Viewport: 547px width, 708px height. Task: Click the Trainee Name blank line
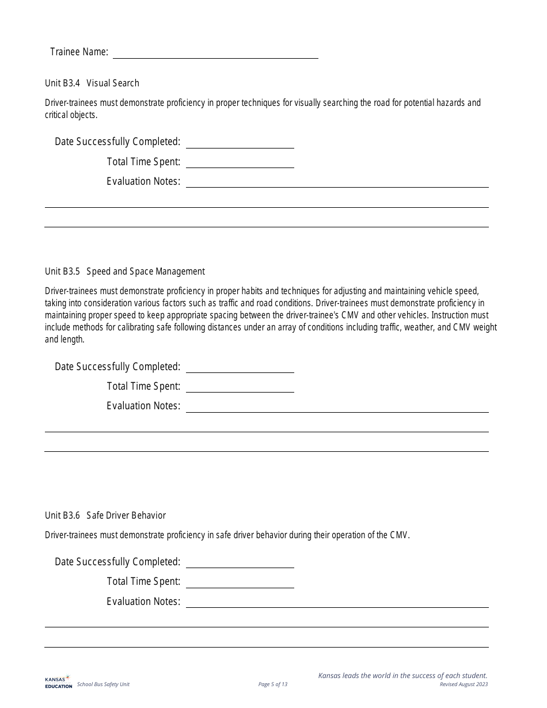[x=215, y=53]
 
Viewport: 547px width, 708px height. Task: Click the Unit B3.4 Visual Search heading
[x=92, y=83]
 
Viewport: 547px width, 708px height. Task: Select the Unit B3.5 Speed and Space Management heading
[x=125, y=271]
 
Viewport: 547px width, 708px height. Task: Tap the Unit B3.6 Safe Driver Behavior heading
[x=105, y=515]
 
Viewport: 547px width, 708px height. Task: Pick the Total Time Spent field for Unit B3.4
[x=240, y=162]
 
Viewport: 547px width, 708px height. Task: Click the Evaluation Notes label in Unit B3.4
[x=143, y=181]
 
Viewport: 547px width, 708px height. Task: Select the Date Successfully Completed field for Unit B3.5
[x=240, y=367]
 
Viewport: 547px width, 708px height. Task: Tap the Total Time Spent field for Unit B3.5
[x=240, y=387]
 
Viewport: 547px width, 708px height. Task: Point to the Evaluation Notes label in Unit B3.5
[x=143, y=406]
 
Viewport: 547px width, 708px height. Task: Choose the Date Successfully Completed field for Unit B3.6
[x=240, y=562]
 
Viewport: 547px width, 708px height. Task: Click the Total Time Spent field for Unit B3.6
[x=240, y=582]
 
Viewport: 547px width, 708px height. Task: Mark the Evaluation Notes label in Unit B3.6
[x=143, y=602]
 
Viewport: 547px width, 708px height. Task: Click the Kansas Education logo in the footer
[x=58, y=682]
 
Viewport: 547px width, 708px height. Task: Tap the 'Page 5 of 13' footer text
[x=273, y=684]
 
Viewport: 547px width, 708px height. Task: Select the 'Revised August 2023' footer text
[x=464, y=684]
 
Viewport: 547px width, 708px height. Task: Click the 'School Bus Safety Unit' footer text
[x=104, y=684]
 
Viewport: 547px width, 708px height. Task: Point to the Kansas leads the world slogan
[x=402, y=675]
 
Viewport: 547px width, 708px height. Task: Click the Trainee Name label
[x=79, y=52]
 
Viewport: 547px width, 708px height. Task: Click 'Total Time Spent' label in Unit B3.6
[x=143, y=581]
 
